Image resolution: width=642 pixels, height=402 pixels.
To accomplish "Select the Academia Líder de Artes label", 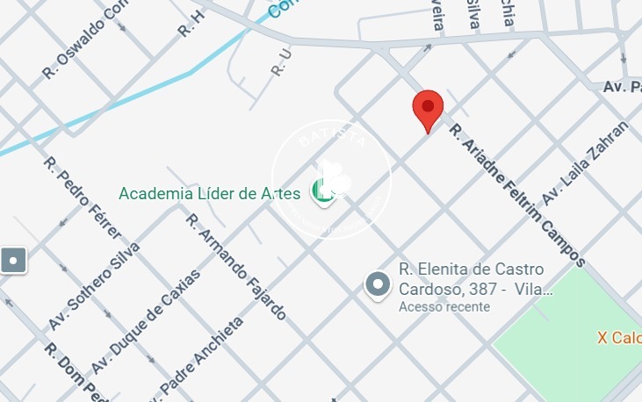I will coord(209,193).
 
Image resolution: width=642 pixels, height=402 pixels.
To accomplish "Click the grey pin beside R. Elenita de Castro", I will coord(378,284).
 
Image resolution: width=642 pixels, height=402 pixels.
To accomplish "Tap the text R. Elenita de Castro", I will coord(472,269).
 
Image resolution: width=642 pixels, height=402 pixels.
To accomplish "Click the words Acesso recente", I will coord(444,307).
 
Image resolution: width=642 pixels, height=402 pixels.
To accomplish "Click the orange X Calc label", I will coord(618,338).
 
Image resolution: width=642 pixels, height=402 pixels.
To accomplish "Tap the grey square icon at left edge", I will coord(14,260).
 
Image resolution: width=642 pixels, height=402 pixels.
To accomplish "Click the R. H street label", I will coord(191,24).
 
